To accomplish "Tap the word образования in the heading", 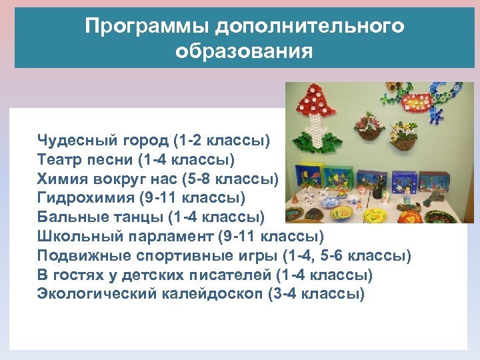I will point(244,51).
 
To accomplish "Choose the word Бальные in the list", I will point(69,217).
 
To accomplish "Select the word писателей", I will point(231,275).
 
